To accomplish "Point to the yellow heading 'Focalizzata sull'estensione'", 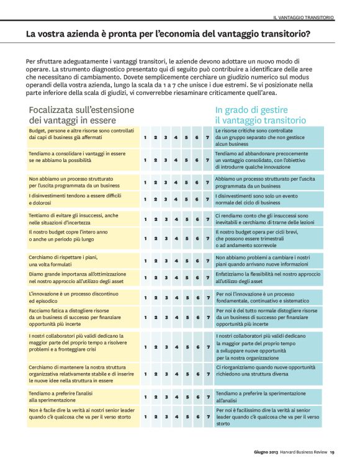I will (81, 110).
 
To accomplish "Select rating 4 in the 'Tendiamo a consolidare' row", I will (176, 160).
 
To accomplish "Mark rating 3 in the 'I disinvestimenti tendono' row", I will (166, 199).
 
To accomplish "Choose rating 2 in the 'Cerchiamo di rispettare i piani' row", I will (155, 261).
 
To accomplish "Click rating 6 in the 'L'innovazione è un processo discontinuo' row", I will (197, 298).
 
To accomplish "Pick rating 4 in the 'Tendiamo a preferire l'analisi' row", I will (176, 397).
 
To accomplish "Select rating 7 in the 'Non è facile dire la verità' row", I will (207, 417).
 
